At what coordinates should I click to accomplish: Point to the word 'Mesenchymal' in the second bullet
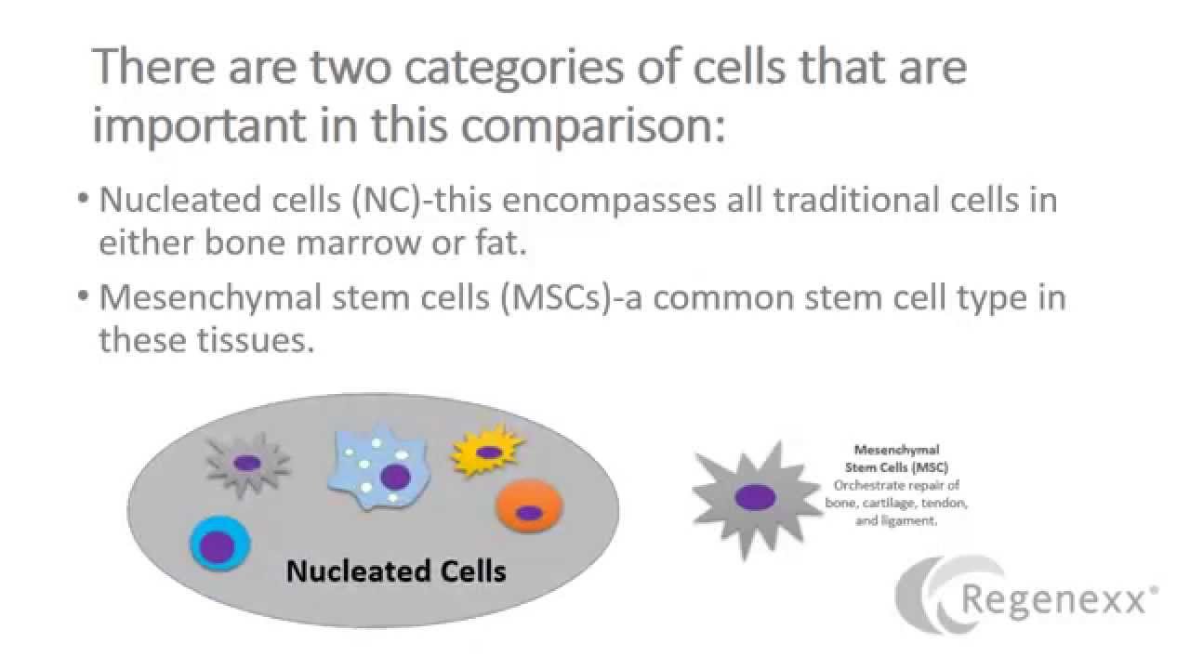point(210,298)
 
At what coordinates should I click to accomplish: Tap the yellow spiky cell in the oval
point(488,451)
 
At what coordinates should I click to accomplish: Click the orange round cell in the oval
point(530,506)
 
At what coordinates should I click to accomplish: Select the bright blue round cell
point(220,544)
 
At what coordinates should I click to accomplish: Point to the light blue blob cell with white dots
point(379,467)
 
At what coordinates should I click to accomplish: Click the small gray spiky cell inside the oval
point(247,464)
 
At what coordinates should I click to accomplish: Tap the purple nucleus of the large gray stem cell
point(755,497)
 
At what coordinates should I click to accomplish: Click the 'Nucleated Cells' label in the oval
point(396,571)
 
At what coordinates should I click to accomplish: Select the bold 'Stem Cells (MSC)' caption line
point(897,467)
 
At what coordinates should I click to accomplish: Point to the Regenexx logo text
point(1054,598)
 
